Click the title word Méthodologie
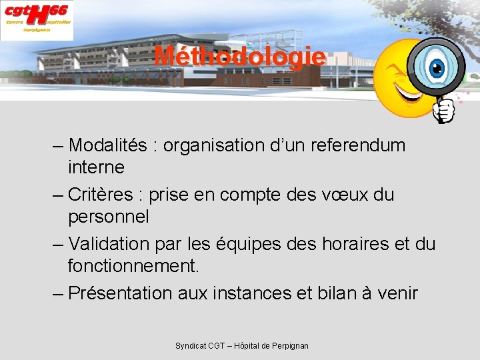(240, 57)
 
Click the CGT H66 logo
(37, 19)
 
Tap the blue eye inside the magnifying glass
(437, 67)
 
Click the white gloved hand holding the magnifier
(444, 111)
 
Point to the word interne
(96, 167)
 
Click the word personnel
(108, 217)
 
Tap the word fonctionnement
(133, 266)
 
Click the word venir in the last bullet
(397, 293)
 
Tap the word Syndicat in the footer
(191, 346)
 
